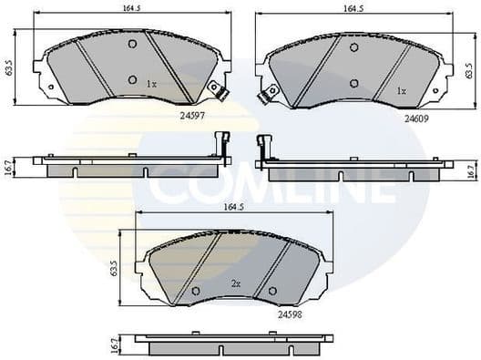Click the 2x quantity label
coord(235,284)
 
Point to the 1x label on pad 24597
coord(152,84)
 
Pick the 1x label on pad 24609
coord(402,90)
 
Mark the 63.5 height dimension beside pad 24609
coord(469,69)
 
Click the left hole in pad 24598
coord(196,291)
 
